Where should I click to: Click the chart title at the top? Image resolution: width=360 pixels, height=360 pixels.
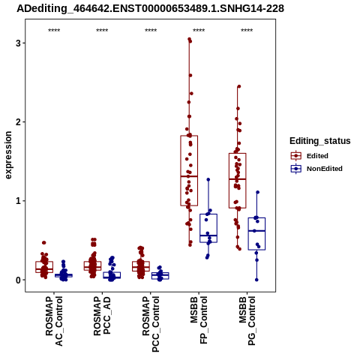150,8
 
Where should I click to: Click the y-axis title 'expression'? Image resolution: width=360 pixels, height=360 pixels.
8,155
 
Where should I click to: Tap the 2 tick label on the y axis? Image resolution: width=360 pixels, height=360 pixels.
18,122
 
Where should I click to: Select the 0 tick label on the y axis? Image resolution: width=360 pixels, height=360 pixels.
18,280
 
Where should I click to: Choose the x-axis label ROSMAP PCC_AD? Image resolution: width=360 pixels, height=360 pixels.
102,316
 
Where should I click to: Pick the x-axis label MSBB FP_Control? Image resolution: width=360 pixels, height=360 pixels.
199,320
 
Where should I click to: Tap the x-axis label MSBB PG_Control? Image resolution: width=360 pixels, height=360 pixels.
247,321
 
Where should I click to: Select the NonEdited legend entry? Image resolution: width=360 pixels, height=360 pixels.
316,169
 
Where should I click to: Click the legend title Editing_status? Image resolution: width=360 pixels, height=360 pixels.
320,141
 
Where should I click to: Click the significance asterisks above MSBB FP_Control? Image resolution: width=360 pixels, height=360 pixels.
199,31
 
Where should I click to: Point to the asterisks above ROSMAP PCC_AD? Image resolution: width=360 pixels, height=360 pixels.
102,31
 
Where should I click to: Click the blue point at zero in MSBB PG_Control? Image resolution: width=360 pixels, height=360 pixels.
256,280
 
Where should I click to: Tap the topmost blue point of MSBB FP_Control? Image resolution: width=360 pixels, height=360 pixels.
208,179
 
